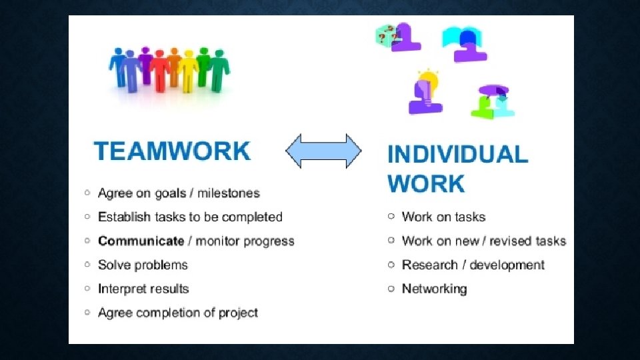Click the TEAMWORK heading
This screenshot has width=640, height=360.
172,151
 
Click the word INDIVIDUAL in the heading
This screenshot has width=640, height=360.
457,155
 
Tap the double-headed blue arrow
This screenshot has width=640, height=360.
323,151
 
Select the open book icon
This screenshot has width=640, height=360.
459,36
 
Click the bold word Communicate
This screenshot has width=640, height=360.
141,241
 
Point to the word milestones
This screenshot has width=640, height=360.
229,193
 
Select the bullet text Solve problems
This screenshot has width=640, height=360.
143,265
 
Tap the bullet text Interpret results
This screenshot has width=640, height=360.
143,289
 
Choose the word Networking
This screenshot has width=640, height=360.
434,289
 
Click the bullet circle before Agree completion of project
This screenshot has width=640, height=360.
87,313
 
